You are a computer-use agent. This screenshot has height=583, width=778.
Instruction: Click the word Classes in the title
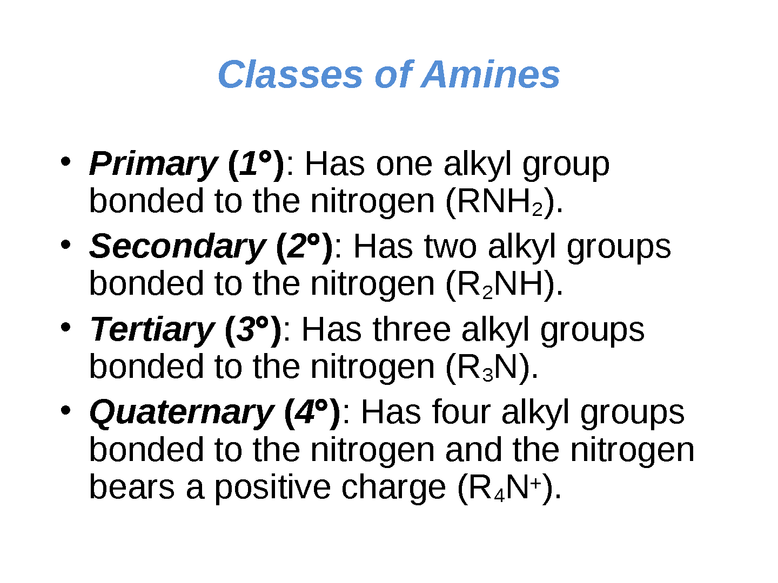pos(290,74)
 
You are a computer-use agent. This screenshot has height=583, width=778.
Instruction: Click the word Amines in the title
pos(490,74)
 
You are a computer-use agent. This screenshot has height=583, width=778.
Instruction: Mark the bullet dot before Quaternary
pos(65,410)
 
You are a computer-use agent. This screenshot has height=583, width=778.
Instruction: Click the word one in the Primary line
pos(404,165)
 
